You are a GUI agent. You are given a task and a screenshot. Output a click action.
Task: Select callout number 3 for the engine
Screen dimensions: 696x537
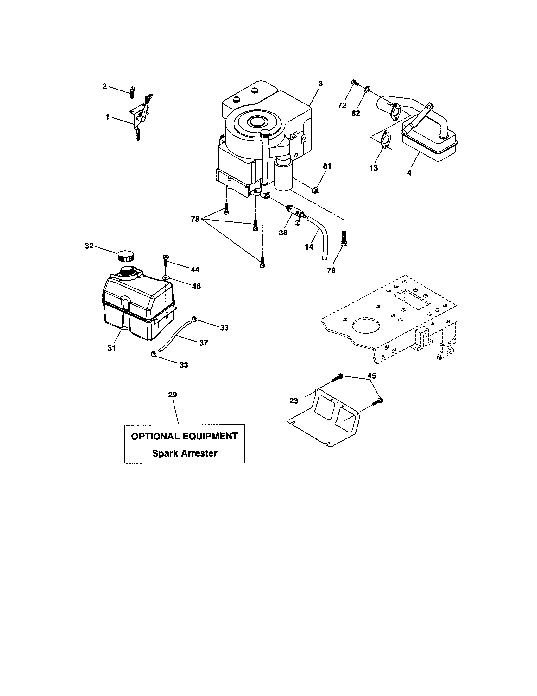point(320,84)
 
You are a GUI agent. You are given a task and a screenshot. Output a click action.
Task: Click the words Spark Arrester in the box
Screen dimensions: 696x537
point(185,453)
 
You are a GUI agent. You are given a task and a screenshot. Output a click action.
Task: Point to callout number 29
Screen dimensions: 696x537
point(172,395)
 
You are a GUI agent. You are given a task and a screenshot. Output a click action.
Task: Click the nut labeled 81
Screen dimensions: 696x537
point(314,190)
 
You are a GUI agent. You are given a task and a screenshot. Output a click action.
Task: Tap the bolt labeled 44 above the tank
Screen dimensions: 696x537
point(166,260)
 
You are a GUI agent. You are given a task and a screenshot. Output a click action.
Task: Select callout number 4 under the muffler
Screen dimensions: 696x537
point(409,173)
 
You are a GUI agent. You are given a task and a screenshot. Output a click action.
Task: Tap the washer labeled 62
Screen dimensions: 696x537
point(367,88)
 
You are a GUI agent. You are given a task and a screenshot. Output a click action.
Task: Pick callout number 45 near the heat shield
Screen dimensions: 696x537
point(372,376)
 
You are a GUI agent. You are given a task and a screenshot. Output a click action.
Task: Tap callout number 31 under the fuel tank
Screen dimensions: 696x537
point(111,348)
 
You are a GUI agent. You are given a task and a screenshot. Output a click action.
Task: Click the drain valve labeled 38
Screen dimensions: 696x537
point(295,212)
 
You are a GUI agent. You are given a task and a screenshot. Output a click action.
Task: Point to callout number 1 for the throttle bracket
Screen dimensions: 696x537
point(107,117)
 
